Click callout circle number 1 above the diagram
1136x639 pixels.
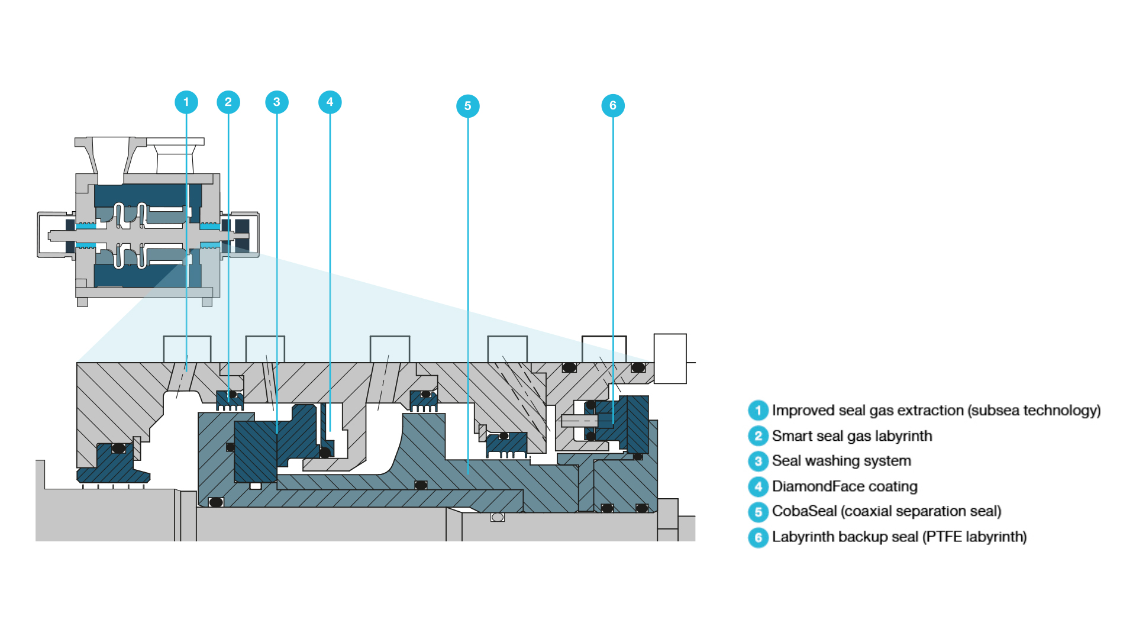click(186, 102)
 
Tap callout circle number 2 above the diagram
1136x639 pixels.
click(228, 102)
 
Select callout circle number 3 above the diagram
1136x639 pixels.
click(276, 102)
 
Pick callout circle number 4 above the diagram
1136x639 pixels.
click(330, 102)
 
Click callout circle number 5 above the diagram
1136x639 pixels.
click(467, 106)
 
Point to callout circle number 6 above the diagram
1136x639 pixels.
click(612, 106)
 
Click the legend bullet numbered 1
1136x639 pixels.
click(758, 411)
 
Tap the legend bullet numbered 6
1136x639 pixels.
click(758, 537)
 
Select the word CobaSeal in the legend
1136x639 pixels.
click(804, 511)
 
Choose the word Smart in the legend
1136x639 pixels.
click(790, 436)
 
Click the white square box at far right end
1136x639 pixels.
click(670, 359)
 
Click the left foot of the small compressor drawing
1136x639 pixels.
click(82, 302)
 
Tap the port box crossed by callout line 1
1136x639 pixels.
click(187, 349)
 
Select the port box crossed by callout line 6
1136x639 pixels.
click(603, 349)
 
